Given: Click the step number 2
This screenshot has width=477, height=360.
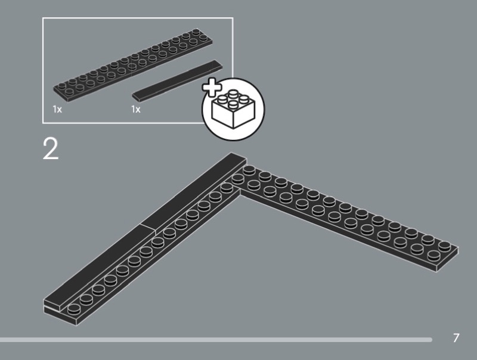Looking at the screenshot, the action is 50,148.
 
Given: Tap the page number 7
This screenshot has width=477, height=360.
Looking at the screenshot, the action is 456,338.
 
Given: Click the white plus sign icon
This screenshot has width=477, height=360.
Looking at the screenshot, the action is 212,87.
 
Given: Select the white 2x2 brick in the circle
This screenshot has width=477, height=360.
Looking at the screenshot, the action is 233,108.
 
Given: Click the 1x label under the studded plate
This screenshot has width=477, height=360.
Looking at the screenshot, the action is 57,109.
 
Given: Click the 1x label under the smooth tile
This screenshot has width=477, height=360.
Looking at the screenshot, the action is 136,109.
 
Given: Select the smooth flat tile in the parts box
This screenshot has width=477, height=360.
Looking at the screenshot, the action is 177,80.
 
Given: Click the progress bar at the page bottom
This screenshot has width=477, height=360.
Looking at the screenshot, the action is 216,339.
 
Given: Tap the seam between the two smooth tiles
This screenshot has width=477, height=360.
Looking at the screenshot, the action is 148,229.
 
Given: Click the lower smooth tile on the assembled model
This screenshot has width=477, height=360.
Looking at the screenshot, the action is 100,268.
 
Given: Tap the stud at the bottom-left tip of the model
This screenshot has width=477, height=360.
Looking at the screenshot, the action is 73,310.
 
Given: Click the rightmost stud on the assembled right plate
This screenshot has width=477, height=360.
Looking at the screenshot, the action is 444,246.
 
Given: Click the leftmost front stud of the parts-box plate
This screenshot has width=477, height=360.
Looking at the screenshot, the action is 69,92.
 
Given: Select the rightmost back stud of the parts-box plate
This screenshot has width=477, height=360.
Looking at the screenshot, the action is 196,32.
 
